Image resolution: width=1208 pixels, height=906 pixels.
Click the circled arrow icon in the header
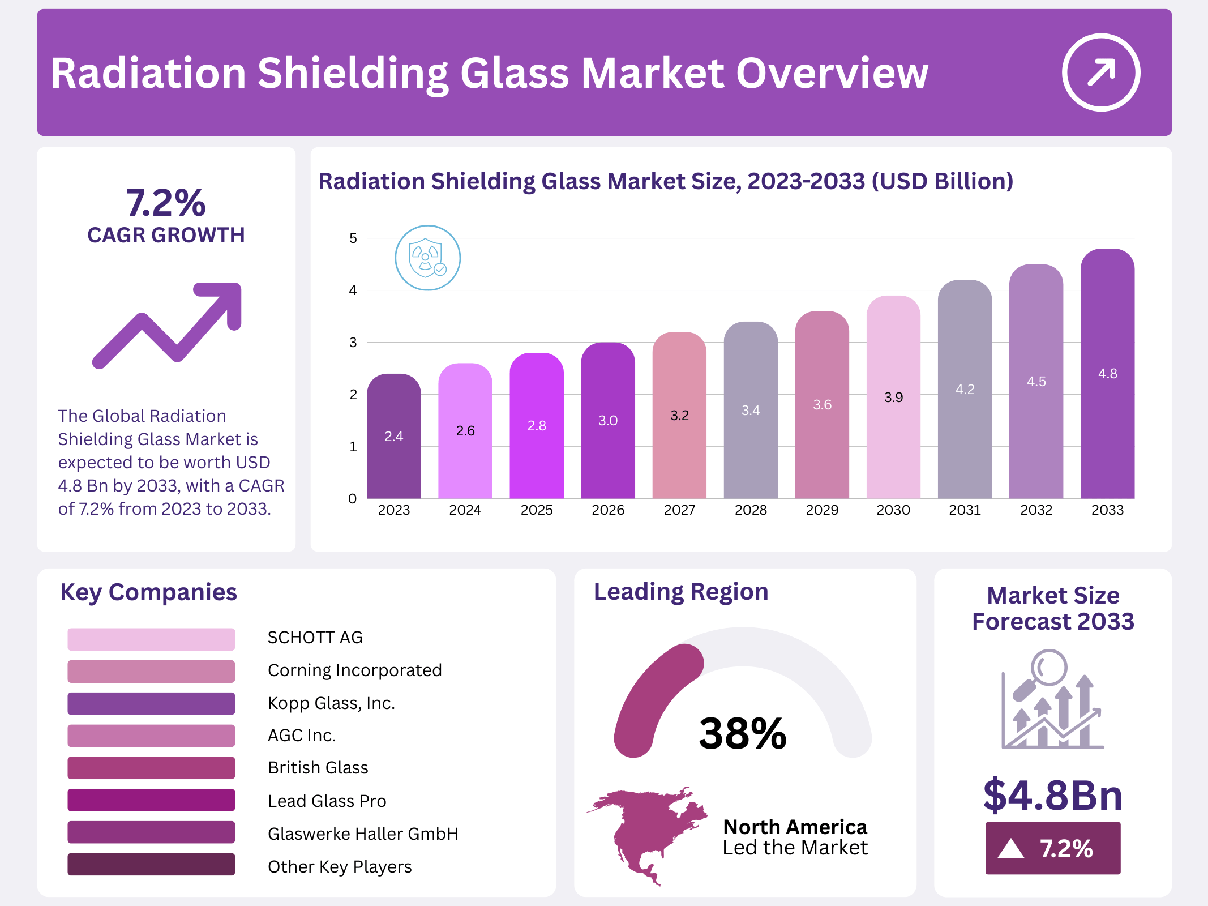(x=1100, y=72)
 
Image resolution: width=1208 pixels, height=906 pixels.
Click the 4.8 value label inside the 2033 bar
(x=1107, y=374)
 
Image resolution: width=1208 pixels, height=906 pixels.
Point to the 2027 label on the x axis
(x=679, y=510)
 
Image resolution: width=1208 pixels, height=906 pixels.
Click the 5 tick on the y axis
(x=353, y=238)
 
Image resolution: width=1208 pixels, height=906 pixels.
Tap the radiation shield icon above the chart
(x=427, y=258)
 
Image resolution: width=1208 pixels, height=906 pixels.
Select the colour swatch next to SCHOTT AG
(x=151, y=639)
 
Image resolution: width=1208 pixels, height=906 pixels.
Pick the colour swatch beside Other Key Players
(x=151, y=864)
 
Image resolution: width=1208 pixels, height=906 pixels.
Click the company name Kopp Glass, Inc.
(x=331, y=703)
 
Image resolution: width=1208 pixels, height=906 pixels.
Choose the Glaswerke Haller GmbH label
(x=363, y=834)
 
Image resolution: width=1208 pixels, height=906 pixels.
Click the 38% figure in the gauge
(x=742, y=733)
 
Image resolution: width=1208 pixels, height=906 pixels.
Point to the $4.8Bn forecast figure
(x=1052, y=795)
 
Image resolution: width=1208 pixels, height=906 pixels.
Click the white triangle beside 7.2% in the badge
(x=1011, y=849)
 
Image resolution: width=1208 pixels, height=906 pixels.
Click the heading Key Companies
(x=148, y=592)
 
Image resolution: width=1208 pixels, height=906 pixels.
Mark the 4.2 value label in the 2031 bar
(x=965, y=390)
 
